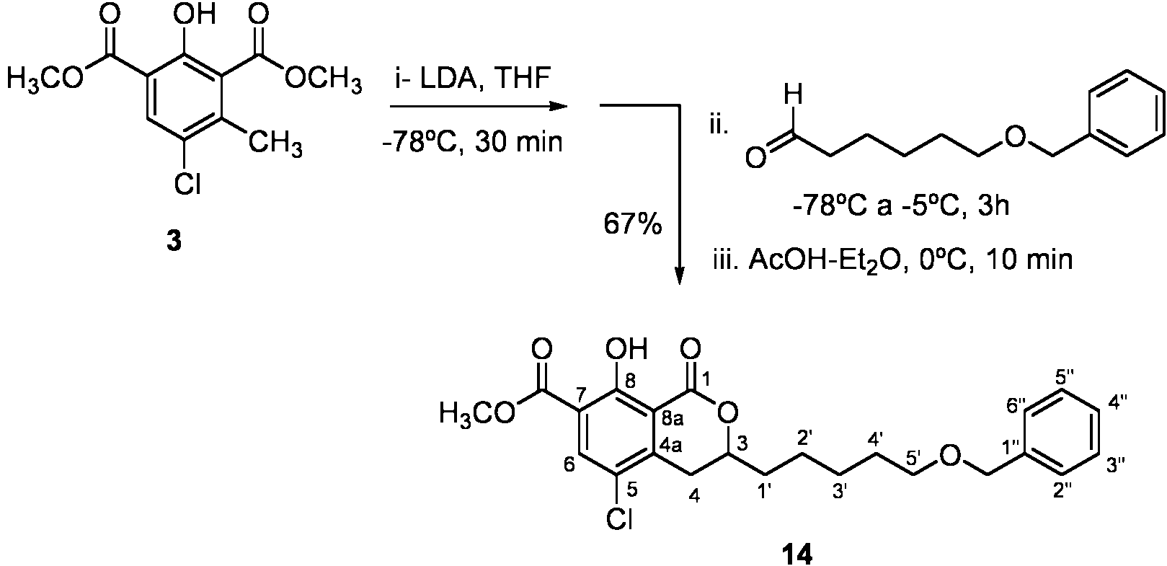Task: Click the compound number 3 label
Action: tap(174, 241)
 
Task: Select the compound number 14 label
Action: tap(797, 554)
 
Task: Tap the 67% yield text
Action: tap(632, 225)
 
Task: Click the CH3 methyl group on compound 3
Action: tap(275, 142)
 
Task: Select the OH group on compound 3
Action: tap(194, 14)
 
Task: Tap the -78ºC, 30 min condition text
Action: tap(473, 141)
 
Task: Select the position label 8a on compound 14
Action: tap(672, 418)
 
